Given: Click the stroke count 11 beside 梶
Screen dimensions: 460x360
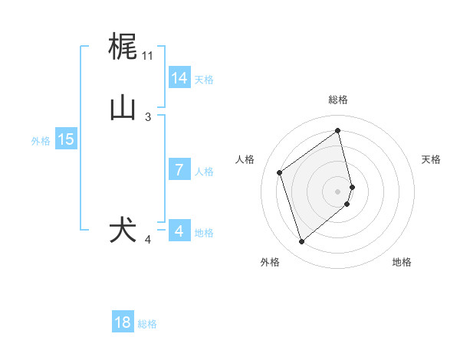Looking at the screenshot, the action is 147,56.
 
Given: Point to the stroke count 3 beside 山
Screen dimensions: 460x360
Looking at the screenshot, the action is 148,116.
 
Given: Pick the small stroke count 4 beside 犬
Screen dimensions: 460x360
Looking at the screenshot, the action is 148,240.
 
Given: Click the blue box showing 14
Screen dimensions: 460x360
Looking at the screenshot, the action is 179,78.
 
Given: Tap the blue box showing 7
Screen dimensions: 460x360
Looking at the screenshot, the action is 179,170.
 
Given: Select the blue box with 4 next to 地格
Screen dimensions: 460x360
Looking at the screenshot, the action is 179,231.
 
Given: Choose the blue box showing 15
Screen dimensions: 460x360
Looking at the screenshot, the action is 66,139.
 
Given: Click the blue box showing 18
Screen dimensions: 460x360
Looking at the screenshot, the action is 123,322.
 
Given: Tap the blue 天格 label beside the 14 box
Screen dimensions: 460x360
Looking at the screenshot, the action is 204,80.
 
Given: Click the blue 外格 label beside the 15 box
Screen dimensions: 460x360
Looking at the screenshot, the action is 41,141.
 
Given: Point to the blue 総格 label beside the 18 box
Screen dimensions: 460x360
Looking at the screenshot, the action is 147,324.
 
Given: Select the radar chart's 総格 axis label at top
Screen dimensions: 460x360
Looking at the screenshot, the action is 338,100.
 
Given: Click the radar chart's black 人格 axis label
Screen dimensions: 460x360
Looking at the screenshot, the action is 245,159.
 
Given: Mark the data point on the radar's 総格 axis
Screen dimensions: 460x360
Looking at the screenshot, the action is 338,130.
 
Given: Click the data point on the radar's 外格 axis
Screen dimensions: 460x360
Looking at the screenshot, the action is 301,242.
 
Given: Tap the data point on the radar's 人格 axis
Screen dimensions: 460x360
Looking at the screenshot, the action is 280,172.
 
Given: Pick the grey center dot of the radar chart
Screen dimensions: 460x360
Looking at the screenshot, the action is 338,191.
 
